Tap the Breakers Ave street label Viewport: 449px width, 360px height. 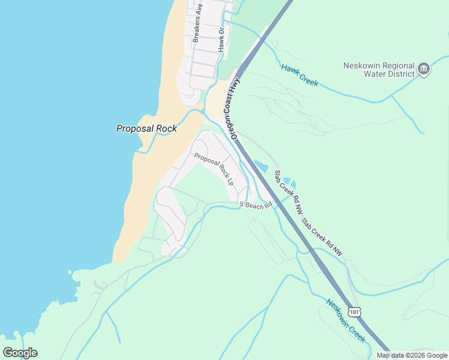point(197,22)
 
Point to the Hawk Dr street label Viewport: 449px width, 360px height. point(221,38)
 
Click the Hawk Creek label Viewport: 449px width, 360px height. point(299,75)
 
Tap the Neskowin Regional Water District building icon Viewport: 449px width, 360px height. point(424,69)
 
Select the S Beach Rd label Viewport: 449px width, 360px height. point(256,205)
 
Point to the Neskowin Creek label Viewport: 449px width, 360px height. point(346,320)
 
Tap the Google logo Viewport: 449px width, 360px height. point(20,353)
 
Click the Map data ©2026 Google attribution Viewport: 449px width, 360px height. point(412,355)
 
